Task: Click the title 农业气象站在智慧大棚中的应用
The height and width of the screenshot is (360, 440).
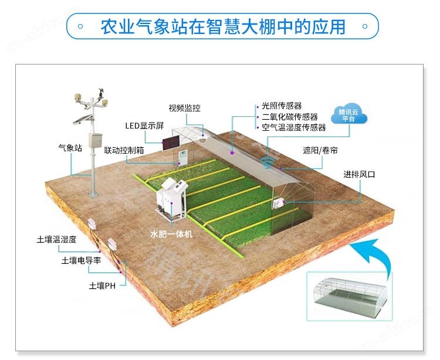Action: point(223,26)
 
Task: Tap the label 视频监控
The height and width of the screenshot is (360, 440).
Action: point(184,108)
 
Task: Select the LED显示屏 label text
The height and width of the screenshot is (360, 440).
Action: point(144,125)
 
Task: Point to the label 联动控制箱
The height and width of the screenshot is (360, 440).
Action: point(124,150)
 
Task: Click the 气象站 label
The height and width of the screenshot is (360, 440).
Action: point(70,148)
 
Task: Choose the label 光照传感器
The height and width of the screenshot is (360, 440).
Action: point(282,106)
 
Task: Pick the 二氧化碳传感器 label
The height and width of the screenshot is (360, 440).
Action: point(290,117)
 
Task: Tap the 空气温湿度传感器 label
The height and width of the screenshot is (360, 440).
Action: point(294,128)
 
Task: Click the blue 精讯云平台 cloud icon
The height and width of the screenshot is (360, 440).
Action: point(349,115)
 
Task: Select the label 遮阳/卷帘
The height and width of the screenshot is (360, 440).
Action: point(320,150)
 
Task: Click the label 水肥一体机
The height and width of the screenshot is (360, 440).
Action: point(171,234)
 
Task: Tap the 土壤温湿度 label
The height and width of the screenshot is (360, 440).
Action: point(56,239)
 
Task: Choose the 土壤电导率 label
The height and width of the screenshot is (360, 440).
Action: point(81,261)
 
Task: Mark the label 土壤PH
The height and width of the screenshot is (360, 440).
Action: point(102,286)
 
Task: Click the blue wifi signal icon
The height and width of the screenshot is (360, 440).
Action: point(267,162)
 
